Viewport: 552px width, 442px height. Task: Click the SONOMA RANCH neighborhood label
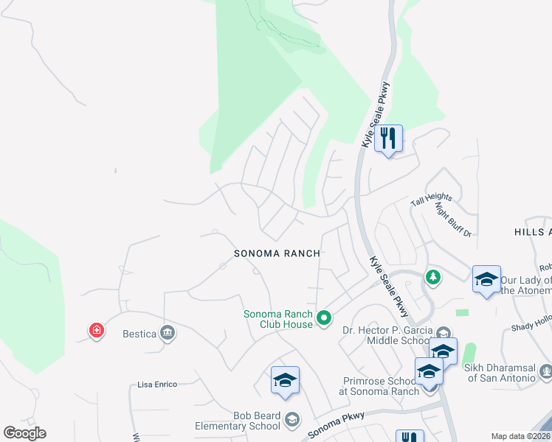(277, 253)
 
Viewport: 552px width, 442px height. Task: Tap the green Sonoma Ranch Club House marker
(323, 318)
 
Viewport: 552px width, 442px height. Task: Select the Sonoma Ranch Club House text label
(278, 319)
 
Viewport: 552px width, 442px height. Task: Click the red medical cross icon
(96, 331)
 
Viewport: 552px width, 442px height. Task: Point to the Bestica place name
(139, 334)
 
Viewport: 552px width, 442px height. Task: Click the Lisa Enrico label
(159, 385)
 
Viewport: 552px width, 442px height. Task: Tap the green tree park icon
(433, 277)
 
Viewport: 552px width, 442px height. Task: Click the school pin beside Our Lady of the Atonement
(486, 279)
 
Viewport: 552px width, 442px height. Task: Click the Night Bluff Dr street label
(453, 219)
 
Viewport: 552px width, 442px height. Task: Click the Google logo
(24, 433)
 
